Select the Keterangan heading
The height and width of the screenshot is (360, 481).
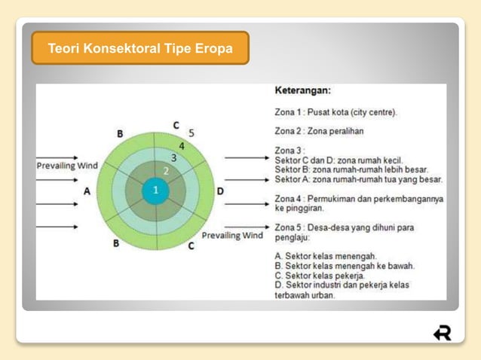(302, 90)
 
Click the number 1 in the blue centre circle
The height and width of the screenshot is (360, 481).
(155, 190)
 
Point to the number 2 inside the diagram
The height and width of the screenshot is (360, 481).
(166, 172)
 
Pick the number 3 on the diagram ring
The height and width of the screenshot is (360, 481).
(173, 158)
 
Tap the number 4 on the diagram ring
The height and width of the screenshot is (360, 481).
(182, 145)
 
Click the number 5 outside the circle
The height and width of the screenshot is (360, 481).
(191, 133)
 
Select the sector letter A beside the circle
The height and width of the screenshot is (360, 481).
(87, 191)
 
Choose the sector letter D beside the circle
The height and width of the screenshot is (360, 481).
(220, 191)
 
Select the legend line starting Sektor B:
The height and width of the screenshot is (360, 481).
(350, 169)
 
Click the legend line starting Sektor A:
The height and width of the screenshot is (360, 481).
(358, 179)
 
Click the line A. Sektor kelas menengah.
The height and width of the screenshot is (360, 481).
(326, 256)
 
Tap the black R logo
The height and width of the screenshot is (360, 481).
(443, 332)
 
